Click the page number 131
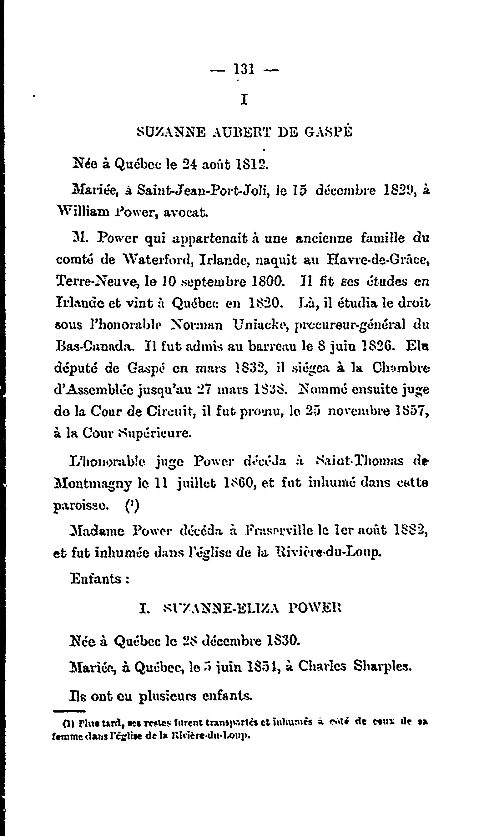(244, 70)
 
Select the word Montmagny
(92, 483)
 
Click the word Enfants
(96, 578)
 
